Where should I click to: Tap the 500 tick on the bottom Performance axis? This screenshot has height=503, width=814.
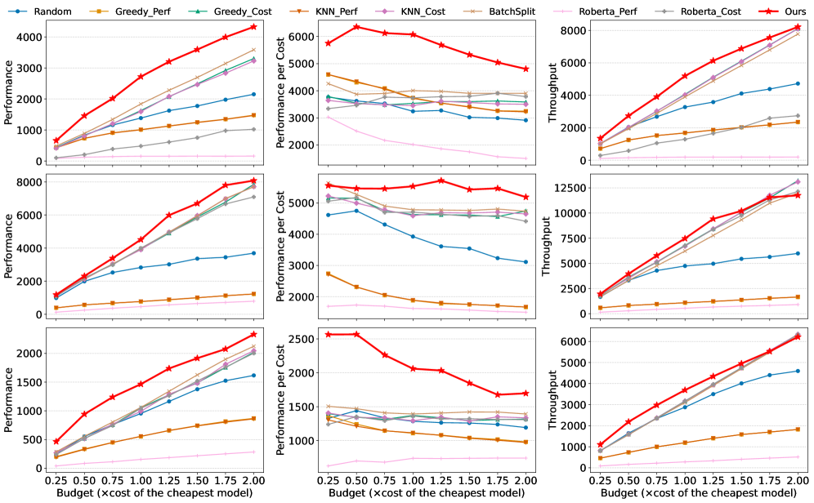(32, 439)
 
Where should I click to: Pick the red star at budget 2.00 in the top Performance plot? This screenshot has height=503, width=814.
(253, 27)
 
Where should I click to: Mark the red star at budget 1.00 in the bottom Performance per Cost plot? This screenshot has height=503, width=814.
(414, 369)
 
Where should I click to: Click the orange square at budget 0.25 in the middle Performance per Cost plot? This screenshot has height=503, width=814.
(305, 274)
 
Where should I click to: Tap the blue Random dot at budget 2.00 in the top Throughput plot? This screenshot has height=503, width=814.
(797, 83)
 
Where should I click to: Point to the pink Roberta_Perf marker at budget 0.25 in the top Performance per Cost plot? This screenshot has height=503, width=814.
(305, 117)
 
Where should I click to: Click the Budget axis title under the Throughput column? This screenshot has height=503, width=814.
(696, 494)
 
